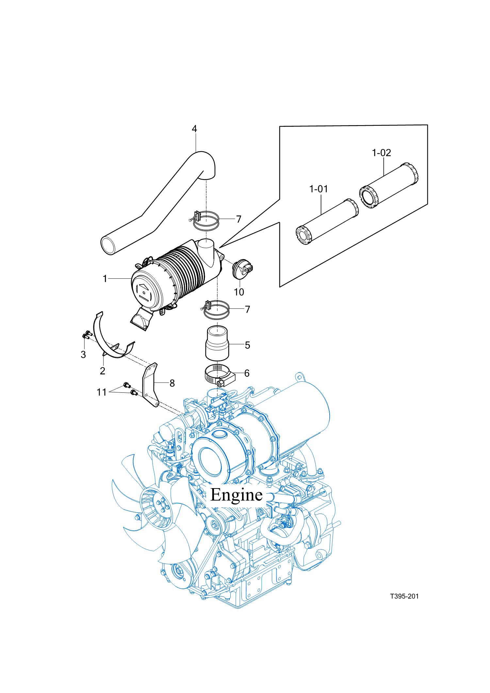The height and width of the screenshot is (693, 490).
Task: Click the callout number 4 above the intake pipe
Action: [x=194, y=129]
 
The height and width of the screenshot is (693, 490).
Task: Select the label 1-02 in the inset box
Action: [x=381, y=153]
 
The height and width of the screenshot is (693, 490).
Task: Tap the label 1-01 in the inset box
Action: [x=318, y=189]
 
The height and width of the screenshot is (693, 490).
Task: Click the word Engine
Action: [x=236, y=495]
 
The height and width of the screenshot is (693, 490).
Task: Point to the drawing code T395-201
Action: [x=404, y=596]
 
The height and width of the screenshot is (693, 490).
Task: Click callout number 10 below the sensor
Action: [x=239, y=292]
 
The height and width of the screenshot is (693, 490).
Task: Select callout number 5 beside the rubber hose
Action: [x=247, y=345]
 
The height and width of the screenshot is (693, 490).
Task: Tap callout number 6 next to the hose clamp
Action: [x=247, y=373]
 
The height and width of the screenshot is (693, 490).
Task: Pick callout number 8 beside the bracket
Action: [x=172, y=383]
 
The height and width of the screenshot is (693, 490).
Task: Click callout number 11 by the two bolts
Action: [x=102, y=392]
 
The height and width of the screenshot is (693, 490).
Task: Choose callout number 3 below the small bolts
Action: [x=83, y=355]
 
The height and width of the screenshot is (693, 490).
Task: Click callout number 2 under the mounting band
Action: [x=103, y=371]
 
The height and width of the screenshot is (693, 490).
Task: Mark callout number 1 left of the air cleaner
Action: [x=105, y=279]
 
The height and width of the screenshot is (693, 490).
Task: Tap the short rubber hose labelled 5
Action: [x=217, y=343]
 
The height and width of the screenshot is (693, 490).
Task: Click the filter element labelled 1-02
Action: [x=389, y=185]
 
